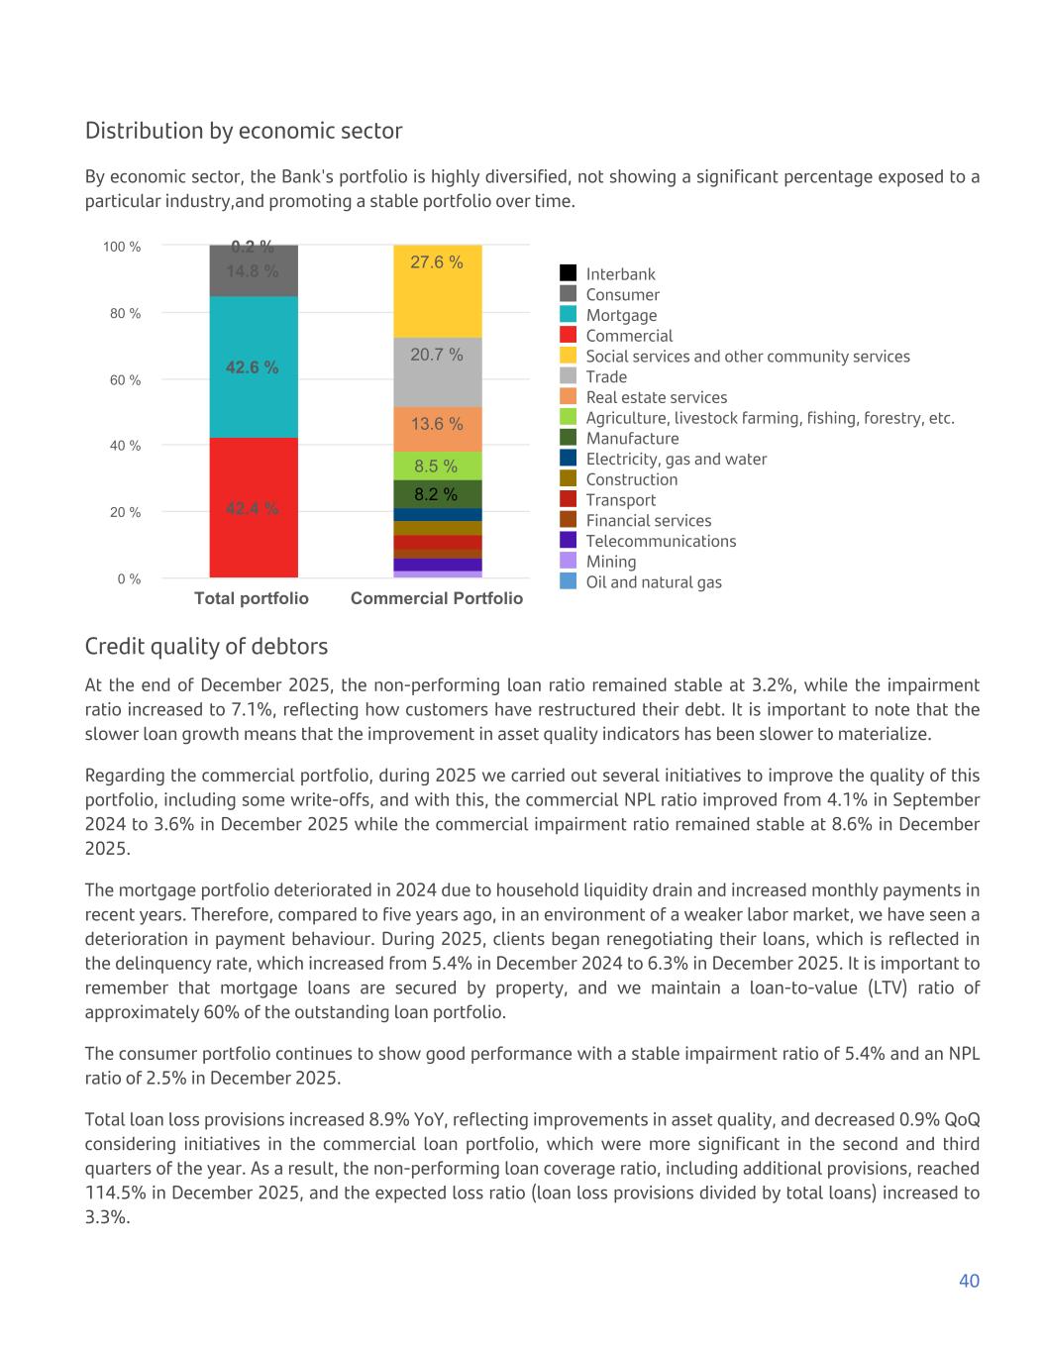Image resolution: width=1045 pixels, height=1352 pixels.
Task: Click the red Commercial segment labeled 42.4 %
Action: (x=253, y=508)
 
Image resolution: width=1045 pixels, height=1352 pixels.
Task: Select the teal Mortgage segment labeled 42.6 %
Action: (x=253, y=367)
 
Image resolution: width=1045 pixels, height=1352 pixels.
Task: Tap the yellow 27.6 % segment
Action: (x=437, y=290)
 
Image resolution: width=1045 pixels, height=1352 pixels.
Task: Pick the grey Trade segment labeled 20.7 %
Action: (x=437, y=372)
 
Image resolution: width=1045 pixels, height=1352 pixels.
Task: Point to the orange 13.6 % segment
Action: (x=437, y=429)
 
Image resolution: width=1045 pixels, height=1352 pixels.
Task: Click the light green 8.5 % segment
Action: (x=437, y=466)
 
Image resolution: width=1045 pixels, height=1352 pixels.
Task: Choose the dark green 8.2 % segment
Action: (x=437, y=493)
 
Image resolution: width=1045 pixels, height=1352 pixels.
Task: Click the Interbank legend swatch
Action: (x=569, y=273)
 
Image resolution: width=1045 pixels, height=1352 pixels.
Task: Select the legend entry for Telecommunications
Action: (x=661, y=541)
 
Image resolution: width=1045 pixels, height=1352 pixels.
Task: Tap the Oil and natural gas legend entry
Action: (x=653, y=582)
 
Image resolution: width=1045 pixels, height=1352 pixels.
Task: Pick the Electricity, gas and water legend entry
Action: (x=676, y=459)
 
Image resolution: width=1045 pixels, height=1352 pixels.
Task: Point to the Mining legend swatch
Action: (x=569, y=561)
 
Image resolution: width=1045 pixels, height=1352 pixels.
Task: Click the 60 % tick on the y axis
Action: (x=124, y=379)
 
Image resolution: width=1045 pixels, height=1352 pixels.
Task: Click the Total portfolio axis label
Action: (x=252, y=598)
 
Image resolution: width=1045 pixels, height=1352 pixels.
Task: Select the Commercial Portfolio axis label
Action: (x=437, y=598)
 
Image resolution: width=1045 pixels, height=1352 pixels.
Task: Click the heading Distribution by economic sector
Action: (x=244, y=131)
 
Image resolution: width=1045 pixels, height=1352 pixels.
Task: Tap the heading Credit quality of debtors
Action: (x=206, y=647)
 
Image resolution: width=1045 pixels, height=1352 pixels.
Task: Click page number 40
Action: (x=969, y=1281)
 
